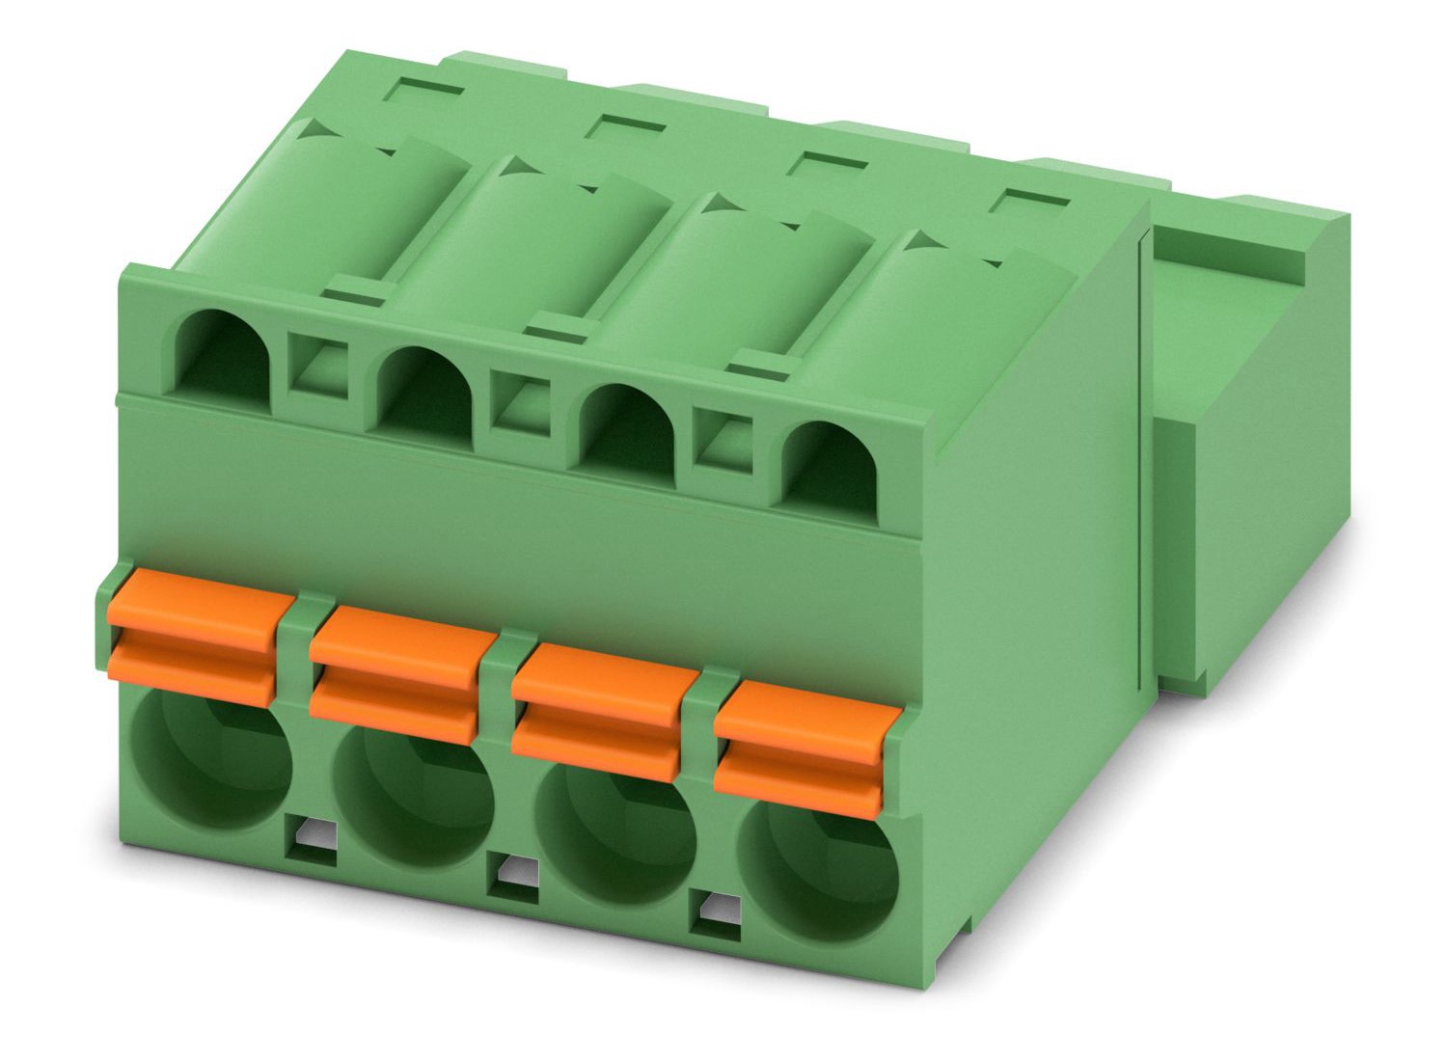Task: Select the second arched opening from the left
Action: coord(425,391)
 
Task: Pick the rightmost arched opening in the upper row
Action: coord(830,463)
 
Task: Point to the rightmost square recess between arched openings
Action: coord(727,441)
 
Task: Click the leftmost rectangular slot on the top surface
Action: coord(424,96)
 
